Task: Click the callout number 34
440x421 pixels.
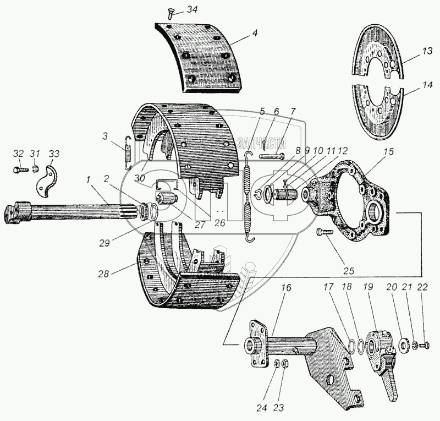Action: click(x=190, y=10)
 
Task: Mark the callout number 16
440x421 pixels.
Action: click(x=272, y=288)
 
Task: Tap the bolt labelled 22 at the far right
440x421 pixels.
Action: click(x=423, y=346)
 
